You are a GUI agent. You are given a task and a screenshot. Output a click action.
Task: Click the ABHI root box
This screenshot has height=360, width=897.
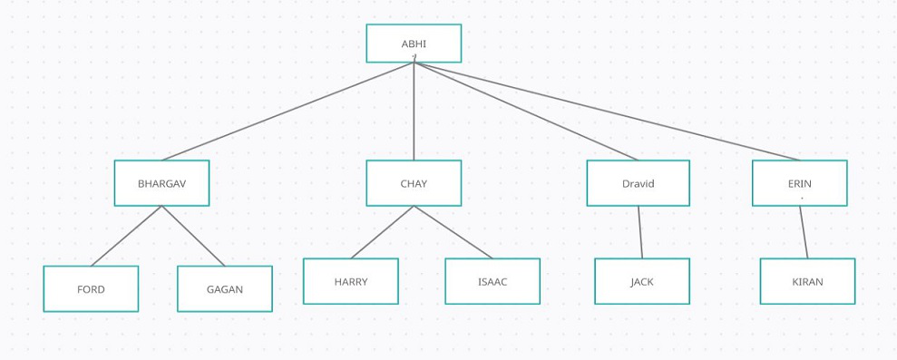(414, 44)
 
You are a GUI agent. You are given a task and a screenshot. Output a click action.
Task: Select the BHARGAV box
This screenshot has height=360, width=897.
(161, 183)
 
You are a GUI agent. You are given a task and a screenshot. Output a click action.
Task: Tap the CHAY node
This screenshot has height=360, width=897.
(414, 183)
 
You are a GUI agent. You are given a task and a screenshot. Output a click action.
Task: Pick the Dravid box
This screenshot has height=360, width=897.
(638, 183)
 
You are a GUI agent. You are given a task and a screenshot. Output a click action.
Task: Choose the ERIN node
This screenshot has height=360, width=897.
(799, 183)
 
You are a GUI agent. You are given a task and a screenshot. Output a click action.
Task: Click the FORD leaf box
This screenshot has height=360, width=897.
(91, 289)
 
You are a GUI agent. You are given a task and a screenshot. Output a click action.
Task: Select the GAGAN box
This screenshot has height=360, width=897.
(225, 289)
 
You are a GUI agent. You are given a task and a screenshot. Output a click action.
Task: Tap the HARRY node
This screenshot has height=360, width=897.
(350, 281)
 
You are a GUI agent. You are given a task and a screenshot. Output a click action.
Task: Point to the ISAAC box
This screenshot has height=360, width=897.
(492, 281)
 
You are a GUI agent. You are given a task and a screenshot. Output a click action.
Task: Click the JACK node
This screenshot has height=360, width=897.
(642, 281)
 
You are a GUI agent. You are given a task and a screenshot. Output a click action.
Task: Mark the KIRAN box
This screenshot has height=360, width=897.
(807, 281)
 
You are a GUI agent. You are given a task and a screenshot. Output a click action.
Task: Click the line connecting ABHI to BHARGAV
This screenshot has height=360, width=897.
(288, 112)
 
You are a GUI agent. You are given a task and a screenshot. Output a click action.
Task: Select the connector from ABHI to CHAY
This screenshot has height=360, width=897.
(414, 112)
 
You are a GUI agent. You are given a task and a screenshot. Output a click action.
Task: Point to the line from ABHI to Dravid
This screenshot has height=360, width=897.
(526, 112)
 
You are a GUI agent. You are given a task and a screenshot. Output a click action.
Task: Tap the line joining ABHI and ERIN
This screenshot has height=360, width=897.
(606, 112)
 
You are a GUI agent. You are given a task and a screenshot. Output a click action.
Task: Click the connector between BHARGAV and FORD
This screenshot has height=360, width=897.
(126, 236)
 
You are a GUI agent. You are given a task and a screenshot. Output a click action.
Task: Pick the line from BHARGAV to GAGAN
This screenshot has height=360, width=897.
(193, 236)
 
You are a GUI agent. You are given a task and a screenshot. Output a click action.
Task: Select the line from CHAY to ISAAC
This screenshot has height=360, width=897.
(453, 232)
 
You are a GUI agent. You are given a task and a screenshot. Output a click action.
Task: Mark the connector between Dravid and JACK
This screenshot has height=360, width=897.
(640, 232)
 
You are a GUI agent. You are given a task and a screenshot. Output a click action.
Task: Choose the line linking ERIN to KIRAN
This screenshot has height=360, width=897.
(804, 232)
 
